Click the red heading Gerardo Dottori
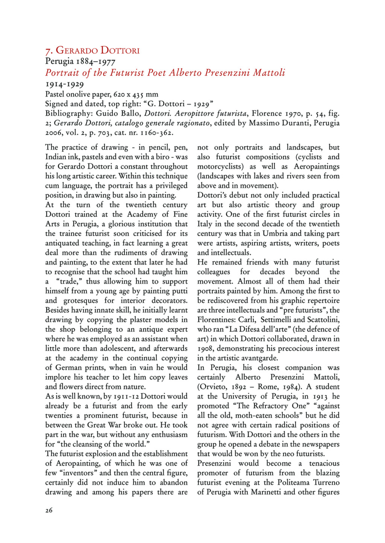click(92, 51)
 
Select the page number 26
click(49, 510)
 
